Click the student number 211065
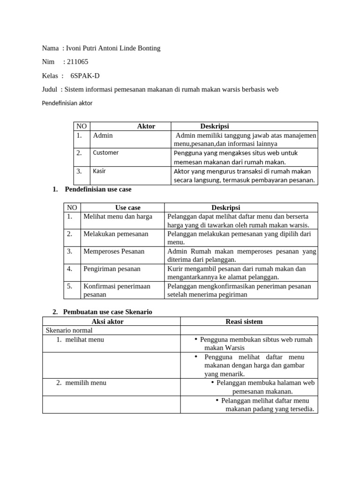(78, 62)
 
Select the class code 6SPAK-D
(85, 75)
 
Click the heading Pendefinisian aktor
(67, 103)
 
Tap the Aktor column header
(146, 126)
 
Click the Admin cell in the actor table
(103, 135)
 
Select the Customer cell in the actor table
(105, 152)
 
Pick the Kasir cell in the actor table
(99, 171)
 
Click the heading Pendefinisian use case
(98, 189)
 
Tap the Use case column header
(127, 207)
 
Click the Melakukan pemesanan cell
(116, 234)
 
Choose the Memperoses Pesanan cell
(114, 251)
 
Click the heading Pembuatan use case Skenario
(108, 312)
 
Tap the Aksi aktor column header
(111, 322)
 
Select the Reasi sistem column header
(244, 322)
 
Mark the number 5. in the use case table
(70, 286)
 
